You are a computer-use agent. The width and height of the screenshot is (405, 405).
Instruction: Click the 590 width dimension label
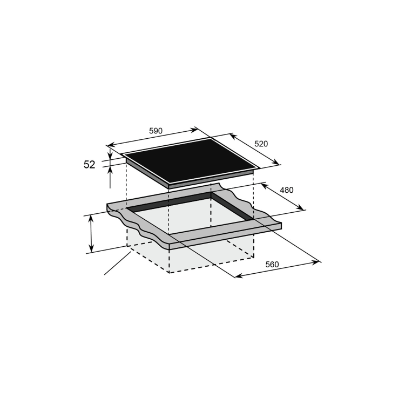tap(156, 131)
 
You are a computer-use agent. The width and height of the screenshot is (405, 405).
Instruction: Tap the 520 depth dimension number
tap(261, 144)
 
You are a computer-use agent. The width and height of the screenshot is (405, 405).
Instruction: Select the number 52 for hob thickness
tap(90, 165)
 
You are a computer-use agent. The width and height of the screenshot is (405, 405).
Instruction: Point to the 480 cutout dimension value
tap(287, 190)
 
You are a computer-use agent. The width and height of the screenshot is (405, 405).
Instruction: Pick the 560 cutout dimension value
tap(272, 265)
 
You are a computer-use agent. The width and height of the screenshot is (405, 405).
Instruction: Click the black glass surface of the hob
tap(189, 159)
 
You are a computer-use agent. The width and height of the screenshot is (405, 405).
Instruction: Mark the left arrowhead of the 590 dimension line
tap(110, 145)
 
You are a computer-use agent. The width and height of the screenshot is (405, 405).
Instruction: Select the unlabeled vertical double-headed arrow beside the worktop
tap(91, 233)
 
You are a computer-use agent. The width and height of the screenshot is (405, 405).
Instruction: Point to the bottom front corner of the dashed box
tap(169, 273)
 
